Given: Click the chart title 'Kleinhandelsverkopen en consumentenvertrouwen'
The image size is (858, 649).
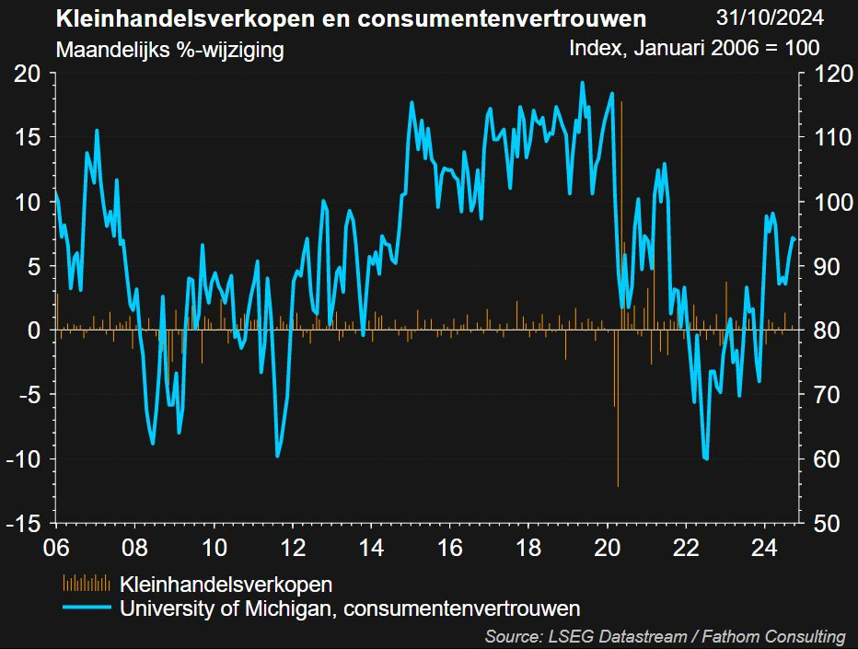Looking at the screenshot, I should pyautogui.click(x=351, y=19).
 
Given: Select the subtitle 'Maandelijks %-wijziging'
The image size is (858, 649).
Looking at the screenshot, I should pyautogui.click(x=169, y=50).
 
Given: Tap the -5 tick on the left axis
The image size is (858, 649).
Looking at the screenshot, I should pyautogui.click(x=29, y=395).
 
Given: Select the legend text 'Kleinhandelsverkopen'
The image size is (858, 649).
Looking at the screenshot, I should pyautogui.click(x=226, y=584).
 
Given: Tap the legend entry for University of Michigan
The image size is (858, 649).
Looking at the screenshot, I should pyautogui.click(x=350, y=608).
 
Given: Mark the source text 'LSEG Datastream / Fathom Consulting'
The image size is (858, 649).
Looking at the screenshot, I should pyautogui.click(x=664, y=636).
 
